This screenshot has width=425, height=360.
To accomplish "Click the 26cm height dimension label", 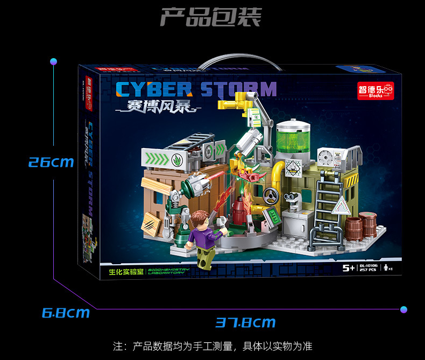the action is click(x=51, y=161).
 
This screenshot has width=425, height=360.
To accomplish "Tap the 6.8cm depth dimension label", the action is click(x=66, y=312).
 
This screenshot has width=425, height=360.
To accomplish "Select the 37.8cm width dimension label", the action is click(x=245, y=322).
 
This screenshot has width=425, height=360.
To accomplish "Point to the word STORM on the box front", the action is click(x=239, y=89).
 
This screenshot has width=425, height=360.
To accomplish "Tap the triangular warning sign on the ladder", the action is click(x=342, y=205).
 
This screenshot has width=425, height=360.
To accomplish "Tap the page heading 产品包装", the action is click(x=210, y=17).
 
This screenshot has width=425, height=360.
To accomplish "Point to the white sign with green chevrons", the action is click(x=161, y=158).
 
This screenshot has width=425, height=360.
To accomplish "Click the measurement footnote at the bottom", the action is click(x=212, y=346).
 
